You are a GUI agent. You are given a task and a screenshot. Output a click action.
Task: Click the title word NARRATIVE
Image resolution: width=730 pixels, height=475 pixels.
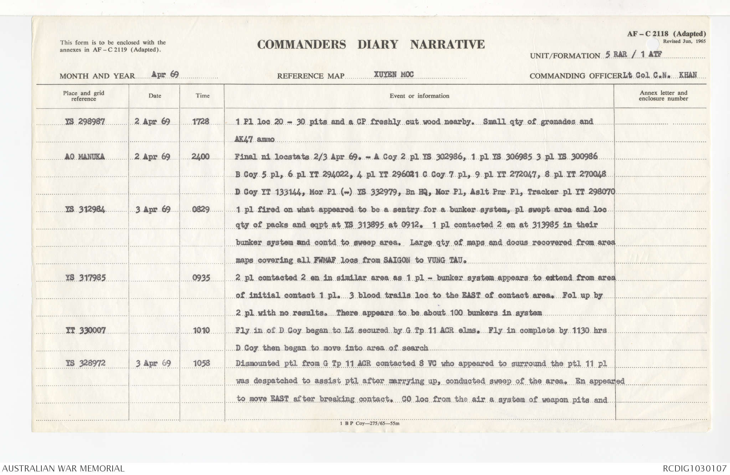pos(447,45)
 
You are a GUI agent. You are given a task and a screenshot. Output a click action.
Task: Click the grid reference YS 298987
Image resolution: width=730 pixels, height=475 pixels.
pos(85,122)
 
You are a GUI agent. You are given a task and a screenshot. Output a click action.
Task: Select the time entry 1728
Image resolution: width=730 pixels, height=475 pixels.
pos(200,122)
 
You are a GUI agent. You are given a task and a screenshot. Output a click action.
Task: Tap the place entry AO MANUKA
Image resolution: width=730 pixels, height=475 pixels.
pos(84,157)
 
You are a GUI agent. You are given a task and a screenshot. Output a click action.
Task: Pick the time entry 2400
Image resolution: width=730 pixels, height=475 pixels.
pos(200,156)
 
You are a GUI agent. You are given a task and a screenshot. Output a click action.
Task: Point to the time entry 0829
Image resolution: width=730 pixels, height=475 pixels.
pos(201,209)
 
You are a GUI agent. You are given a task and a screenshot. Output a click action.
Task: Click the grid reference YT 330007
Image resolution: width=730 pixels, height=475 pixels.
pos(86,330)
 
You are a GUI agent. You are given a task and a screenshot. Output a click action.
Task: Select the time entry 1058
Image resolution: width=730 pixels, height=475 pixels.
pos(201,363)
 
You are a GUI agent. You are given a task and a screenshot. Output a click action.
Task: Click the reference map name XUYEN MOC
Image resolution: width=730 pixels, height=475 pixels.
pos(394,74)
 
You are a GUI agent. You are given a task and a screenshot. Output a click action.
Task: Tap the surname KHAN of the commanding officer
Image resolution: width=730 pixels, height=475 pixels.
pos(688,75)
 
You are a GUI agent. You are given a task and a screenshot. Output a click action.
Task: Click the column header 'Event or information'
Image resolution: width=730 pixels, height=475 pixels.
pos(419,96)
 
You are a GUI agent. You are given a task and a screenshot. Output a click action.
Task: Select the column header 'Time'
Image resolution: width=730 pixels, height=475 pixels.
pos(202,95)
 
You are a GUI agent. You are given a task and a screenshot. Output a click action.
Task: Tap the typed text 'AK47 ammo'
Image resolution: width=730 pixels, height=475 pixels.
pos(255,139)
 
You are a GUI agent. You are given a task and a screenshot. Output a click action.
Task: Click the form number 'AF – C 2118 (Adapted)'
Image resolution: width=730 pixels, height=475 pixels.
pos(666,34)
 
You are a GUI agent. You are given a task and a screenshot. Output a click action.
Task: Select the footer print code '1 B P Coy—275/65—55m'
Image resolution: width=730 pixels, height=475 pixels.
pos(370,424)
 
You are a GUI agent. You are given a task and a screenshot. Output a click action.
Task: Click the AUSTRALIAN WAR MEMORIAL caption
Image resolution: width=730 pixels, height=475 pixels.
pos(63,468)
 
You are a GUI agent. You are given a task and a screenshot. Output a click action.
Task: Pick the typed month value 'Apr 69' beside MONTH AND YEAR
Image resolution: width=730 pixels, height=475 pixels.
pos(165,74)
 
